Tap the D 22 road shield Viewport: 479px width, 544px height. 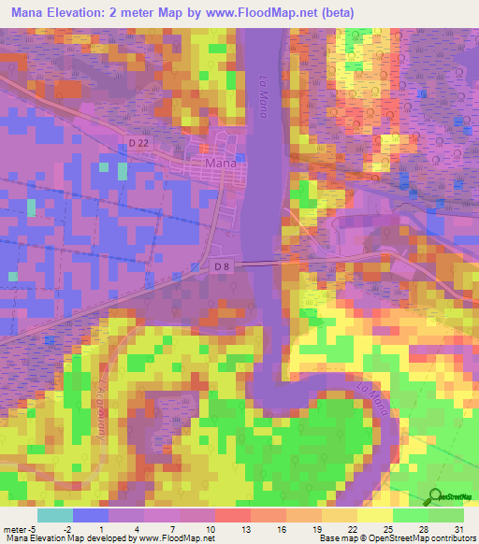(x=138, y=141)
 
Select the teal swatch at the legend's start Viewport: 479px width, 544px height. (x=54, y=515)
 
